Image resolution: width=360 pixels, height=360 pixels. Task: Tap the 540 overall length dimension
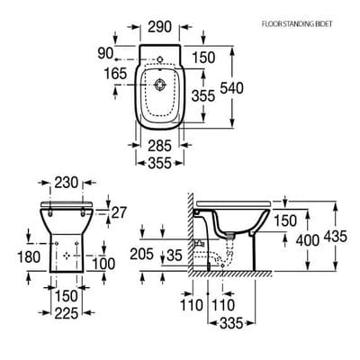pos(259,87)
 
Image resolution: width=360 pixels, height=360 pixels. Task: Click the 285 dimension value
pos(161,145)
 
